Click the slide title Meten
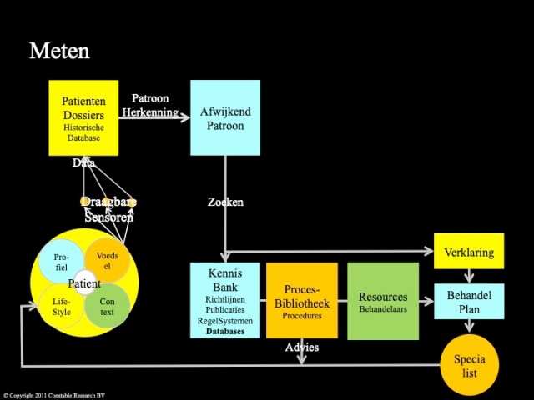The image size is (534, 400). pos(59,51)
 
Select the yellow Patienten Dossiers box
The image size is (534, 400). pos(83,117)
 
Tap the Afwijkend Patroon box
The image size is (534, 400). pos(225,117)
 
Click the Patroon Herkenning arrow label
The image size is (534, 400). pos(152,106)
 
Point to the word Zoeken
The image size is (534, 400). pos(225,202)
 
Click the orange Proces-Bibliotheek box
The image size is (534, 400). pos(301,301)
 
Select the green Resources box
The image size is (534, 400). pos(382,301)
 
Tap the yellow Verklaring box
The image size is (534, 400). pos(468,252)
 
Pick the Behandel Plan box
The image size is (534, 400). pos(468,301)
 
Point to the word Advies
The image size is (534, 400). pos(301,346)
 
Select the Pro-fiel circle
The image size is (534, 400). pos(61,261)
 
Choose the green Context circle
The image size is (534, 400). pos(108,306)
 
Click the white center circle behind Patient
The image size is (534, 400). pos(84,282)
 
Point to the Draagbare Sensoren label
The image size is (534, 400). pos(108,209)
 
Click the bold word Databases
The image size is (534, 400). pos(221,331)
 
